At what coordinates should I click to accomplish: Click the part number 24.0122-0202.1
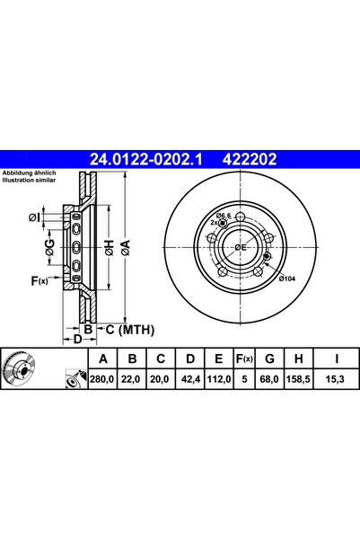tap(147, 160)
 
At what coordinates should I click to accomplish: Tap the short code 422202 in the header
tap(245, 160)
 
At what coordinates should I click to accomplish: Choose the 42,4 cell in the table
tap(188, 380)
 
